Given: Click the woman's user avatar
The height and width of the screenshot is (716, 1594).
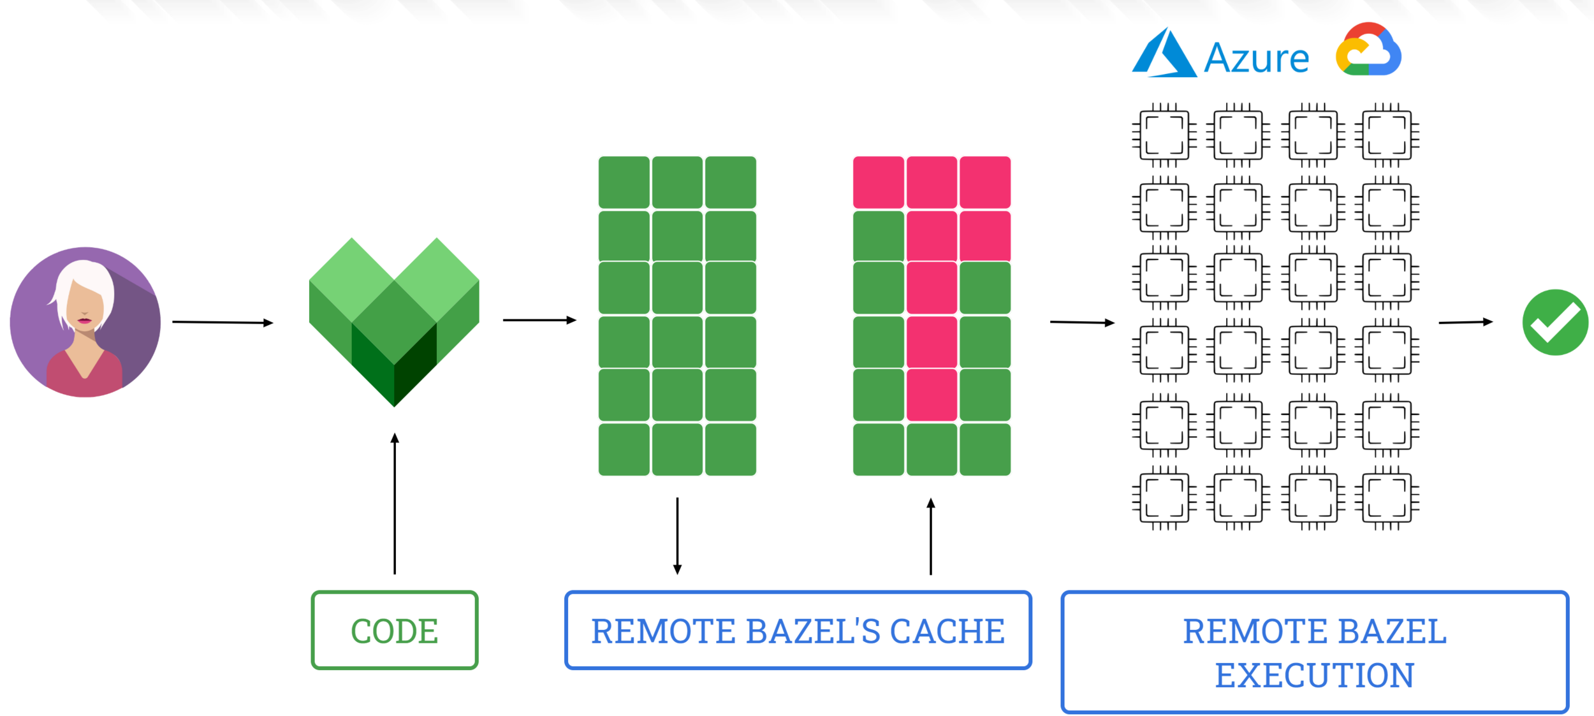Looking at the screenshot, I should (x=85, y=322).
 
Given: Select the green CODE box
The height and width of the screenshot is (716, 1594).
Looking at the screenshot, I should (x=395, y=631).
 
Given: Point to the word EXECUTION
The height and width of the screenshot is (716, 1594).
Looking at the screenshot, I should (x=1314, y=675).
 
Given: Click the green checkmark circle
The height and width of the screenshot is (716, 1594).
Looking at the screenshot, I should (x=1555, y=322).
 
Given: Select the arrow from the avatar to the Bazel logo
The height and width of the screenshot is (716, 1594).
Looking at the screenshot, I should (x=223, y=323).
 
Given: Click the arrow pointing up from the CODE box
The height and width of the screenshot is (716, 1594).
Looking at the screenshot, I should (x=395, y=504).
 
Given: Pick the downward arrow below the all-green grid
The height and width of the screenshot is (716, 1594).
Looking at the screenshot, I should (x=677, y=536).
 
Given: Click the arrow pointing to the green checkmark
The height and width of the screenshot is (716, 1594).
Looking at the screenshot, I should (x=1466, y=323).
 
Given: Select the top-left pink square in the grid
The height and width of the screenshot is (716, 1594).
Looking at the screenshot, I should (x=878, y=182).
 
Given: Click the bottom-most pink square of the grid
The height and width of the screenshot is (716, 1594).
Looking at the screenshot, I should (x=932, y=395).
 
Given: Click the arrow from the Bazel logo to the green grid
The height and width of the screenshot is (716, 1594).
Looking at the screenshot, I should (x=539, y=320).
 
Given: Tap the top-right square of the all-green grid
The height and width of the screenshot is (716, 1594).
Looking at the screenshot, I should (x=731, y=182).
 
